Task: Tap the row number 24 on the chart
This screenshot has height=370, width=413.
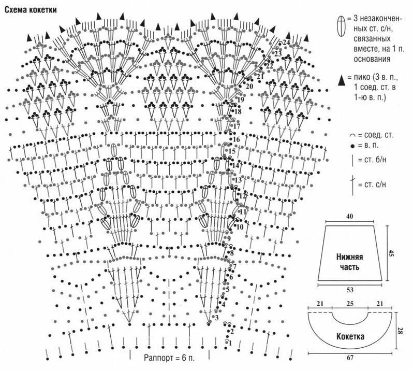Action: click(x=286, y=42)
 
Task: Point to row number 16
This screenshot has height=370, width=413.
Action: click(x=236, y=140)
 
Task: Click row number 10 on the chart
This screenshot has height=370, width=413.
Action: click(x=239, y=227)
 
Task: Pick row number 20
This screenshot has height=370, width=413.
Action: click(x=249, y=87)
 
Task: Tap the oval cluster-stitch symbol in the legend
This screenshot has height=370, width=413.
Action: click(x=341, y=26)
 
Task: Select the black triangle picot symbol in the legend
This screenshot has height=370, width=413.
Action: click(x=341, y=80)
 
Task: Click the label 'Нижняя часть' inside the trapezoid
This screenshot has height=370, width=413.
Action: click(x=349, y=262)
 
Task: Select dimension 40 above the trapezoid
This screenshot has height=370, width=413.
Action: click(x=350, y=216)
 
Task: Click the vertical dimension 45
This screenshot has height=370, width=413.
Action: click(x=392, y=253)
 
